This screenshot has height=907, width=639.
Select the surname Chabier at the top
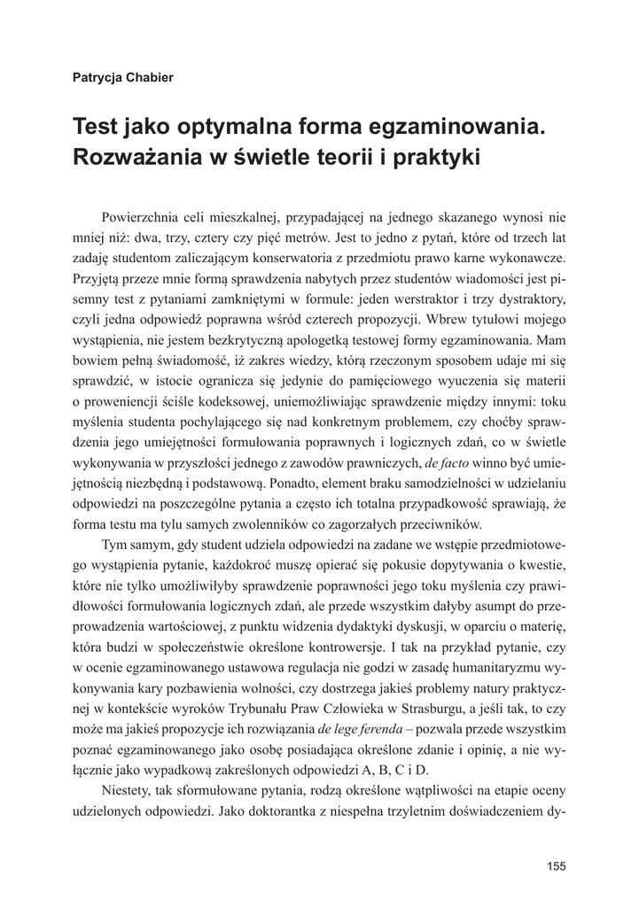click(148, 77)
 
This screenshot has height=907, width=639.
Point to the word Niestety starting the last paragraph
click(129, 789)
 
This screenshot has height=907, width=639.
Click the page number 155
click(556, 867)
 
